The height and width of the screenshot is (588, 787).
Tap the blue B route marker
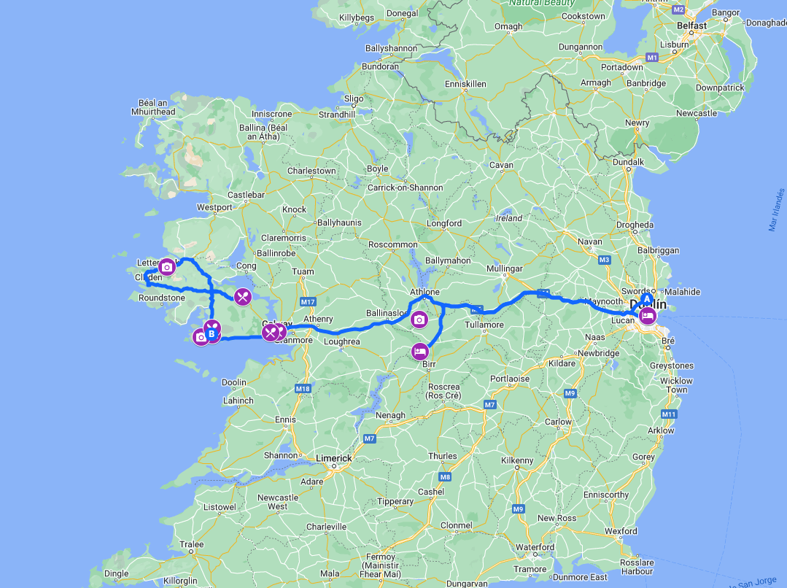click(x=212, y=334)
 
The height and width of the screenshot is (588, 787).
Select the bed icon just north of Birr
click(x=419, y=351)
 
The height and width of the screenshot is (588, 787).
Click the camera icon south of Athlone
click(x=419, y=320)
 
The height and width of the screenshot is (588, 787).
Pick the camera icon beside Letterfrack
click(x=167, y=267)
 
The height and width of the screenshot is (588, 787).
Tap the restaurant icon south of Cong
click(x=243, y=296)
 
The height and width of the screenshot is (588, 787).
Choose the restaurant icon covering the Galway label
click(x=271, y=333)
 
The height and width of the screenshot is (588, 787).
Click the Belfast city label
click(x=691, y=26)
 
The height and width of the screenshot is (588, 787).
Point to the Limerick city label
click(x=333, y=458)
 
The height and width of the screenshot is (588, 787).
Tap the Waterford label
click(x=535, y=547)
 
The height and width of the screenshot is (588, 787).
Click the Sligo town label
click(x=354, y=98)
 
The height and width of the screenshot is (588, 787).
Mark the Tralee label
click(x=193, y=544)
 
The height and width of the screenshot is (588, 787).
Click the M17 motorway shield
click(x=307, y=302)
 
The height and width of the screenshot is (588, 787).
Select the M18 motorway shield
click(x=303, y=389)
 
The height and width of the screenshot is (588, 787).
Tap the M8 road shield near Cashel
click(x=446, y=477)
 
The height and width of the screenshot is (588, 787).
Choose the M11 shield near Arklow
click(x=669, y=414)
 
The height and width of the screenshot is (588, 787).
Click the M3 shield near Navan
click(x=604, y=260)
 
